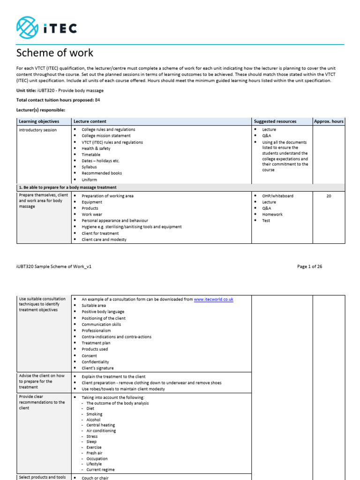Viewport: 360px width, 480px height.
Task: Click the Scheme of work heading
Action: (55, 53)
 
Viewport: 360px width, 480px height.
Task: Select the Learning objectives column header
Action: (39, 121)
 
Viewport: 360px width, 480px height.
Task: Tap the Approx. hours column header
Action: (329, 121)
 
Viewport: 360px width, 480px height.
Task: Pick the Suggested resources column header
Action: (276, 121)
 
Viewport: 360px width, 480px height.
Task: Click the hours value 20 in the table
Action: (329, 196)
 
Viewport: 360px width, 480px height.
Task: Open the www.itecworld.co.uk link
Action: (213, 299)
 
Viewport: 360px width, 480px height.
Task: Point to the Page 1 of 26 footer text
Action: (309, 267)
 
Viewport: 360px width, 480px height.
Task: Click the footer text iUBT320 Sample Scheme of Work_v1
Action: (54, 267)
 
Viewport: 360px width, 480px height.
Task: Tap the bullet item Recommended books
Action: (101, 173)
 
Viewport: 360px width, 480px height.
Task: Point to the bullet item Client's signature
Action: (97, 368)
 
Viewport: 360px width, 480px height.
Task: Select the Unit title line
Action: (60, 90)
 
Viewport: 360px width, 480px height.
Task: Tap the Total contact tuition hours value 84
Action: (97, 100)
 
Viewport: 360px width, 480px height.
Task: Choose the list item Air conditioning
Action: (101, 431)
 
